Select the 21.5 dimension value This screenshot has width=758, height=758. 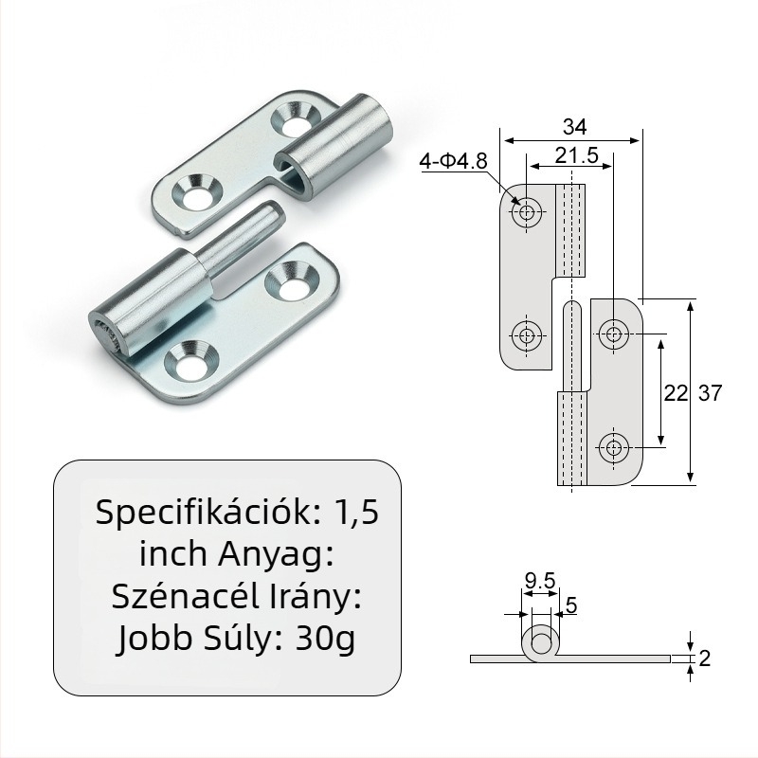576,156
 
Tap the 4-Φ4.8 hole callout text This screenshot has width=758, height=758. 453,162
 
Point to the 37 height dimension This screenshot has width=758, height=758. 710,393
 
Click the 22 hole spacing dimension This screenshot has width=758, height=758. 674,393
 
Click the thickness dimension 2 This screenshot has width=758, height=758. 703,659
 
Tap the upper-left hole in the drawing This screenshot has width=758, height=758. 527,213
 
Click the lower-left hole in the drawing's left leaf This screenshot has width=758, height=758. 527,334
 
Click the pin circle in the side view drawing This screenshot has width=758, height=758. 541,643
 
